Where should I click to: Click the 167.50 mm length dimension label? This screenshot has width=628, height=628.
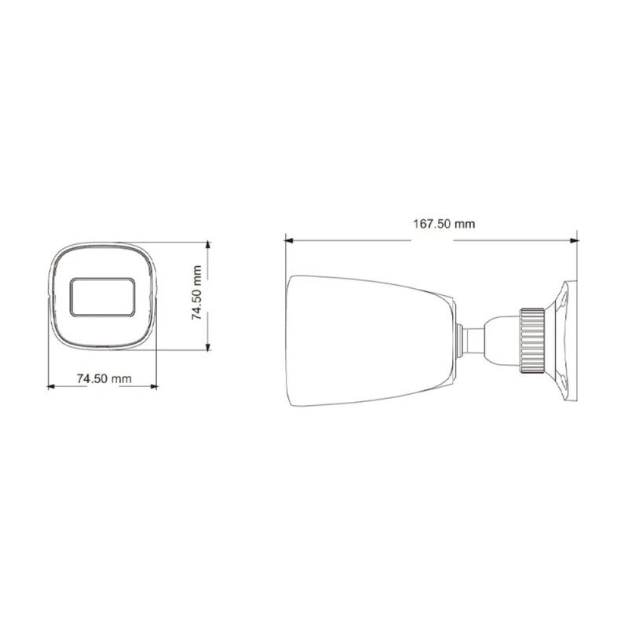click(444, 224)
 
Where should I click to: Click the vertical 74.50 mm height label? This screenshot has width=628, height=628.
click(197, 292)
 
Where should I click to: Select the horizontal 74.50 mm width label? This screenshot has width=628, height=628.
click(104, 378)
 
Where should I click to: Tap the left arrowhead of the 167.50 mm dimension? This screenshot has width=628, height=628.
click(288, 241)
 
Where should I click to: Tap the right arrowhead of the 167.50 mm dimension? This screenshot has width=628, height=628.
click(575, 241)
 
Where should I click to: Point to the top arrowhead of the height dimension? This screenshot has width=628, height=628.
click(207, 246)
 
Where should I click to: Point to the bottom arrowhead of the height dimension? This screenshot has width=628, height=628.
click(207, 346)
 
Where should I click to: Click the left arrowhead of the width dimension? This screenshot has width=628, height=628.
click(51, 386)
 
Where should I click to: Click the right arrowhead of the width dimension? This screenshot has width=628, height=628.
click(153, 386)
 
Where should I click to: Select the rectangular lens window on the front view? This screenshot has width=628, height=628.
click(103, 297)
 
